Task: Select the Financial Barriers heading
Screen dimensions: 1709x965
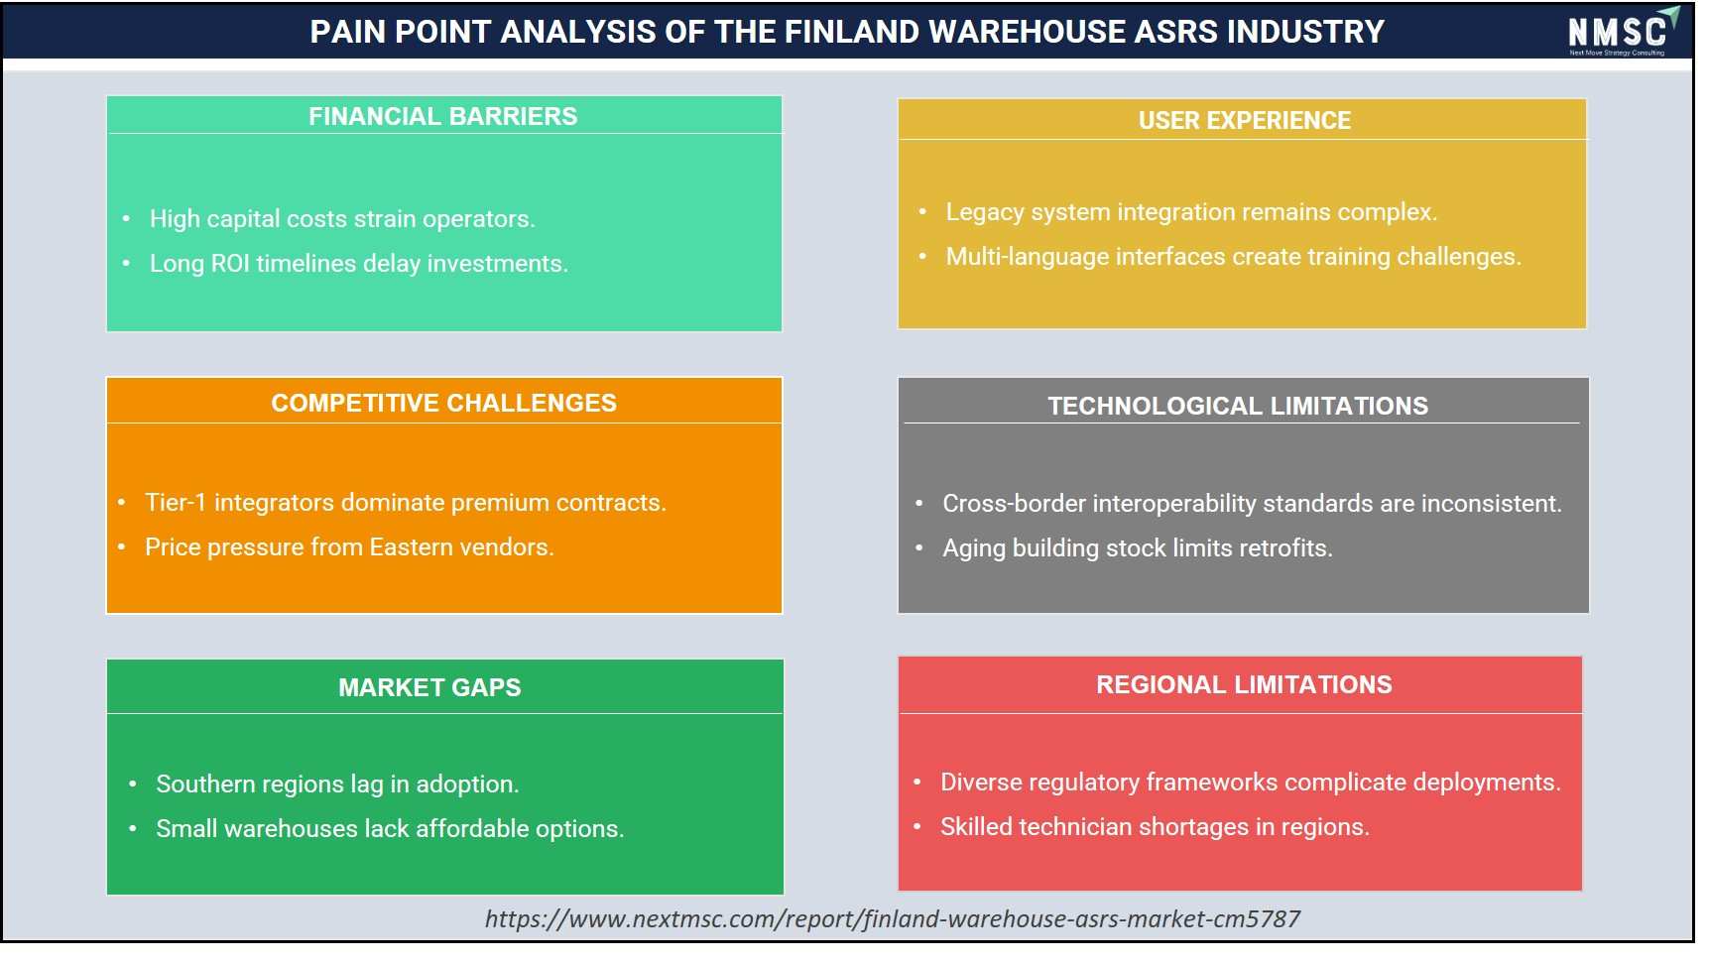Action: point(442,116)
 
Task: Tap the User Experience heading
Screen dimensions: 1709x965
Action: point(1244,120)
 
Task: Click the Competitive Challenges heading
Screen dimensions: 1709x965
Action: point(443,403)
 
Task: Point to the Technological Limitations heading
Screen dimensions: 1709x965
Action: point(1238,406)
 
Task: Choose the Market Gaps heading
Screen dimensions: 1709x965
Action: point(429,687)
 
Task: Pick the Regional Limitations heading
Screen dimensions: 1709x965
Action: point(1244,684)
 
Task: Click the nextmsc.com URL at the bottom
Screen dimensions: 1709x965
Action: point(893,919)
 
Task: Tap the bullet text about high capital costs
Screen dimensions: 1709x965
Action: point(342,219)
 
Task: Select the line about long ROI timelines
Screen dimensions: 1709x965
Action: point(359,264)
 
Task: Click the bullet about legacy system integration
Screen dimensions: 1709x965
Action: point(1191,212)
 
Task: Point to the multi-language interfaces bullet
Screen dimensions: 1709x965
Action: point(1233,257)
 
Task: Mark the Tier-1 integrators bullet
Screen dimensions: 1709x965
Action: point(406,503)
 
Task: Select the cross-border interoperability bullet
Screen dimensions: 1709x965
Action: point(1252,504)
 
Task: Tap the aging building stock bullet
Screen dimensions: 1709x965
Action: point(1138,548)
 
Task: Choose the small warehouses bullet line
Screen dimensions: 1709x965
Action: point(390,829)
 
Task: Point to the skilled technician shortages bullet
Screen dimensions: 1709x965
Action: point(1155,827)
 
